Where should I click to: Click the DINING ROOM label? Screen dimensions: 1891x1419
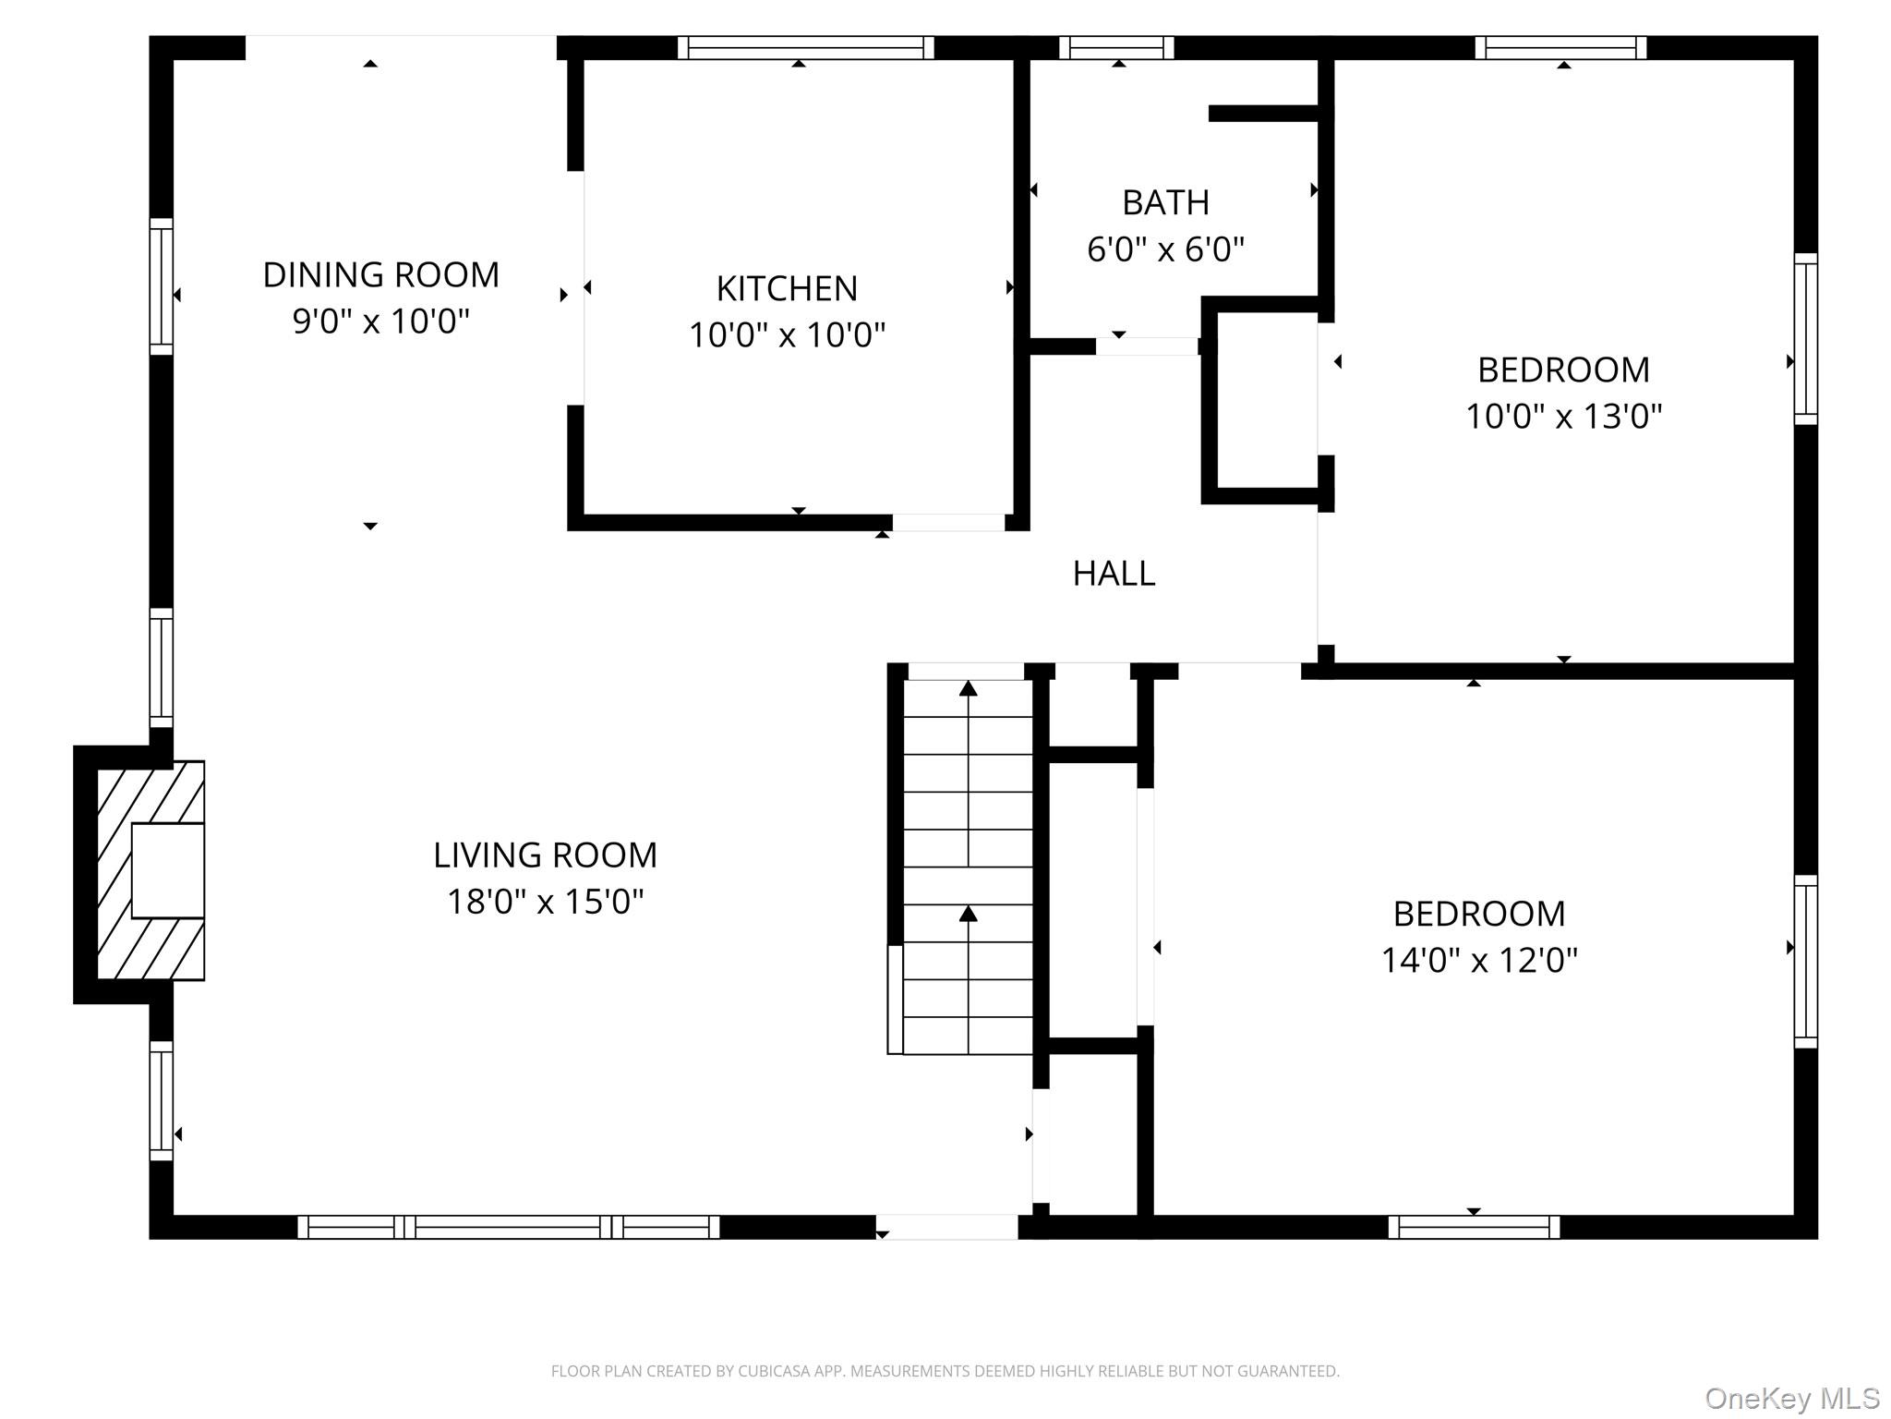(380, 274)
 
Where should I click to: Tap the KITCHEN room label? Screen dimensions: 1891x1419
(787, 288)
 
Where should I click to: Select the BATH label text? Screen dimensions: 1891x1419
(1165, 202)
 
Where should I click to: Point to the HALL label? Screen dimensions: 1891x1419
(1114, 574)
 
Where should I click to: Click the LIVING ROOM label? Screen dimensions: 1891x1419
(545, 855)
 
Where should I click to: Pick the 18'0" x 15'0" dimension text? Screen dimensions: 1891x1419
(545, 901)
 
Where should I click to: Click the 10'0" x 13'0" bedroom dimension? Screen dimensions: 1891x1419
(1563, 416)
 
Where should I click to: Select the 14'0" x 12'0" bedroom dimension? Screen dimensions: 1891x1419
(1479, 960)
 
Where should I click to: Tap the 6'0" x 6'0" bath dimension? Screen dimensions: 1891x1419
(1165, 249)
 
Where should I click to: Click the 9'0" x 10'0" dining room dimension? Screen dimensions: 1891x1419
(380, 321)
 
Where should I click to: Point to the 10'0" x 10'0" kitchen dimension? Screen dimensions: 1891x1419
(787, 334)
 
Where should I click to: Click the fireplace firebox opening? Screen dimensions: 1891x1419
(168, 870)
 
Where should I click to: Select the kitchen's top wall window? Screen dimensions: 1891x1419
(806, 47)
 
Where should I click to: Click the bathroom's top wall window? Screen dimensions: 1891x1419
(1116, 47)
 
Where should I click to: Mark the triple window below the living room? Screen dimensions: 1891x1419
(509, 1227)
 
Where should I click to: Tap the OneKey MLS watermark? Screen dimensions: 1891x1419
(1791, 1399)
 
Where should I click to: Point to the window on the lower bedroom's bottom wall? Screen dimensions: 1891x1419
(1475, 1227)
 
